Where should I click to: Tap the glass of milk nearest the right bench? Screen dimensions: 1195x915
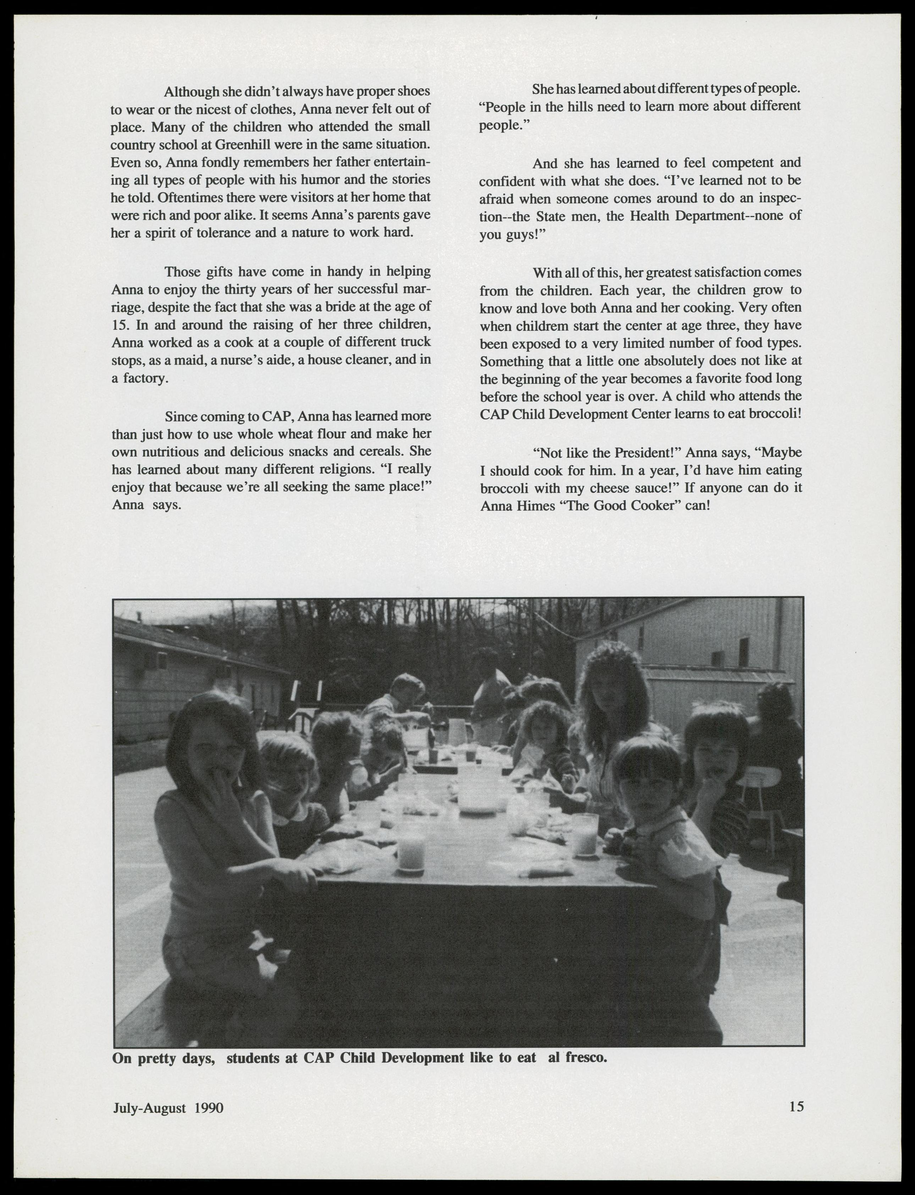(585, 836)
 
